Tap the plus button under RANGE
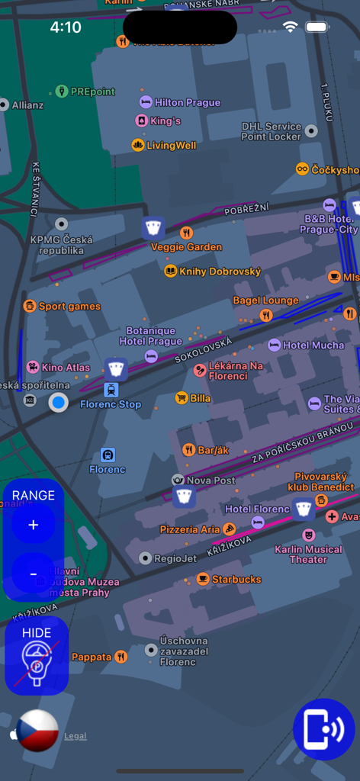[x=33, y=525]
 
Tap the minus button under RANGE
[x=33, y=574]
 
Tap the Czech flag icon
[x=37, y=731]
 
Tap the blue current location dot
[x=58, y=402]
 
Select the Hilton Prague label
[x=186, y=102]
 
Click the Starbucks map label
[x=236, y=579]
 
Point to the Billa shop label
[x=200, y=398]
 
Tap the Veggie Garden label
[x=186, y=246]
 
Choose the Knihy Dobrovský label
[x=220, y=272]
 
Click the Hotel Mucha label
[x=313, y=346]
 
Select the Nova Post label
[x=211, y=480]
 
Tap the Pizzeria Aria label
[x=190, y=529]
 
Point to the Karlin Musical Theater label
[x=308, y=554]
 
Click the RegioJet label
[x=175, y=558]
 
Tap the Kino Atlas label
[x=66, y=368]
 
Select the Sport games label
[x=69, y=307]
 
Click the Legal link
[x=75, y=736]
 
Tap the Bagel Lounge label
[x=265, y=301]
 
